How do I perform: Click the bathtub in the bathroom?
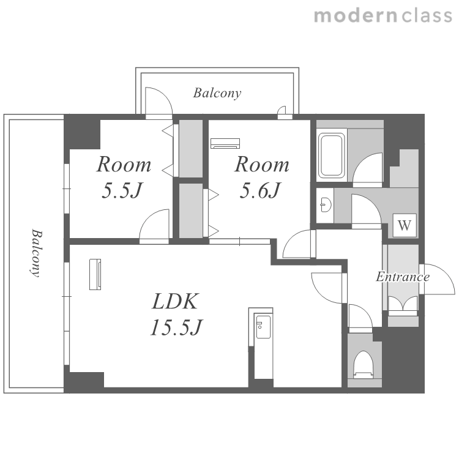coord(331,155)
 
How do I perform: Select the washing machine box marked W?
coord(405,225)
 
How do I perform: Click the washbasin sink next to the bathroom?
coord(326,204)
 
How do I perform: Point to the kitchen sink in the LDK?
coord(263,327)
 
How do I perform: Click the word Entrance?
coord(403,277)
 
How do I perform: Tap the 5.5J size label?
coord(122,190)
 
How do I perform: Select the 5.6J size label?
coord(260,190)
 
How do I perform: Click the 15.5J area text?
coord(176,327)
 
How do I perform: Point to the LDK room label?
coord(175,301)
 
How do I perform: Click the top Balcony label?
coord(217,93)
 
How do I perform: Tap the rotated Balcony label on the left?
coord(37,253)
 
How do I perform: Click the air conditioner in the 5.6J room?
coord(225,143)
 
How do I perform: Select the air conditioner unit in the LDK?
coord(95,274)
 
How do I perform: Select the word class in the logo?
coord(427,16)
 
